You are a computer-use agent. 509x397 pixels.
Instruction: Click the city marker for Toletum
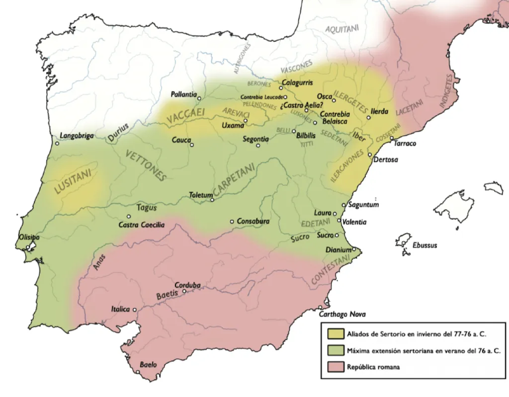click(212, 200)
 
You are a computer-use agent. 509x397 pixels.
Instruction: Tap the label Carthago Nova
click(343, 314)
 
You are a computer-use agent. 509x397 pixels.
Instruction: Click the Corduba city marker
click(184, 291)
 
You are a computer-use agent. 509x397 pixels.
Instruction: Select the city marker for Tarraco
click(392, 138)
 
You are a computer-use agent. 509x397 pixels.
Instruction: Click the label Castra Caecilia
click(141, 225)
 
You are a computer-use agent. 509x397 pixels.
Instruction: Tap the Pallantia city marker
click(199, 98)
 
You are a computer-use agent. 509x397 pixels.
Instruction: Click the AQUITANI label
click(341, 29)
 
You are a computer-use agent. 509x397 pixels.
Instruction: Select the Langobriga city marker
click(57, 144)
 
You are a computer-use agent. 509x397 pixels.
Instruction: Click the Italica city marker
click(134, 309)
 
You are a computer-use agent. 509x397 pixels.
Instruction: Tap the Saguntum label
click(364, 205)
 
